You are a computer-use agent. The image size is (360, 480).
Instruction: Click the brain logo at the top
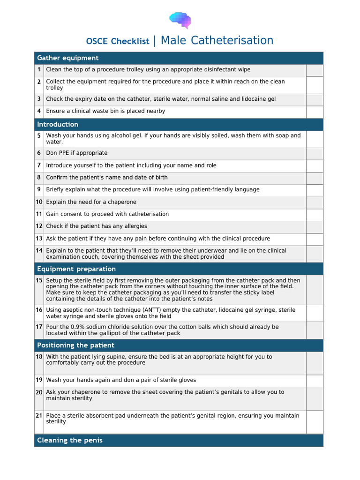coord(180,20)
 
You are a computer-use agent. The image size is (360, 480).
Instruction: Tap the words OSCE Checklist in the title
coord(117,41)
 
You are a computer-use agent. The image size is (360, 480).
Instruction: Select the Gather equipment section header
coord(68,58)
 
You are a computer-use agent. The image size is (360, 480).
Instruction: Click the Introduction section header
coord(58,124)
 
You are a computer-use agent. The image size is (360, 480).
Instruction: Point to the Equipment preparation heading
coord(76,269)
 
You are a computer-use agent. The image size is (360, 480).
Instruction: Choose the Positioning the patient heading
coord(75,345)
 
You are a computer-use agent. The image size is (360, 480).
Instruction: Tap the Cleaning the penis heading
coord(70,440)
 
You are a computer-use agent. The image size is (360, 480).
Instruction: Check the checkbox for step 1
coord(315,70)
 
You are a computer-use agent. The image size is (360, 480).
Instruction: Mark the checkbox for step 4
coord(315,112)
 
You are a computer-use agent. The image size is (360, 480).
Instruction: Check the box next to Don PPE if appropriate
coord(315,153)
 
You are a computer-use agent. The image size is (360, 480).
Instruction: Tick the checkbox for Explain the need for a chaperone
coord(315,202)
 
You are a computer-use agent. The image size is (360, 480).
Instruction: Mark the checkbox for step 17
coord(315,330)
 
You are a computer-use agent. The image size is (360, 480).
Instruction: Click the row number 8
coord(39,178)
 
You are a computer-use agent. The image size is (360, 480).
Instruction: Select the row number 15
coord(39,280)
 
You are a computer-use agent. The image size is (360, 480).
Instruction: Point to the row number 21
coord(39,416)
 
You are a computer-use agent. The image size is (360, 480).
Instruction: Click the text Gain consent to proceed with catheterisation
coord(107,214)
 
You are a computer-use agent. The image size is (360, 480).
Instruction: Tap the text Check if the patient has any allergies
coord(97,226)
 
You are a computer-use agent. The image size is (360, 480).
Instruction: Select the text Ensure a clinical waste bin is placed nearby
coord(105,112)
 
